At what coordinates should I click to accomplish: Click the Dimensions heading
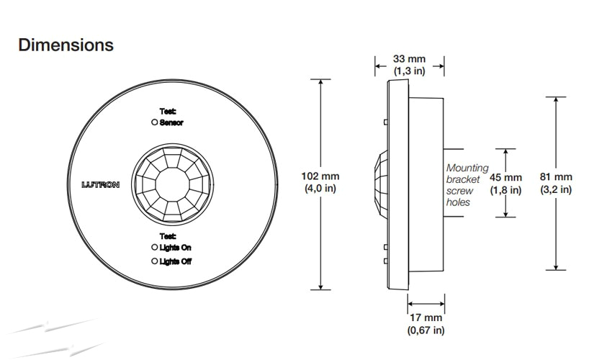(x=66, y=45)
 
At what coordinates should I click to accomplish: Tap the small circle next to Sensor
(x=154, y=123)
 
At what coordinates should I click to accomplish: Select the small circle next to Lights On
(x=154, y=248)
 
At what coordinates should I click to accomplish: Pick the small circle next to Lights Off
(x=154, y=261)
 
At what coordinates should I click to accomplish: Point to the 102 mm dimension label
(x=320, y=176)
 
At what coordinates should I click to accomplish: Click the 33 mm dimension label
(x=408, y=58)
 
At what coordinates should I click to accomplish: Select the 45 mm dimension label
(x=505, y=177)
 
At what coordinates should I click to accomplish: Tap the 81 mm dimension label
(x=555, y=177)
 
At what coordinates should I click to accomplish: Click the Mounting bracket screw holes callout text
(x=466, y=185)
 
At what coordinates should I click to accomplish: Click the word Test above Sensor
(x=168, y=111)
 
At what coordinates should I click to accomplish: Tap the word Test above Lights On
(x=168, y=235)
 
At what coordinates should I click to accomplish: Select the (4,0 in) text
(x=320, y=189)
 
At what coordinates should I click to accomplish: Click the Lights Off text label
(x=176, y=261)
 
